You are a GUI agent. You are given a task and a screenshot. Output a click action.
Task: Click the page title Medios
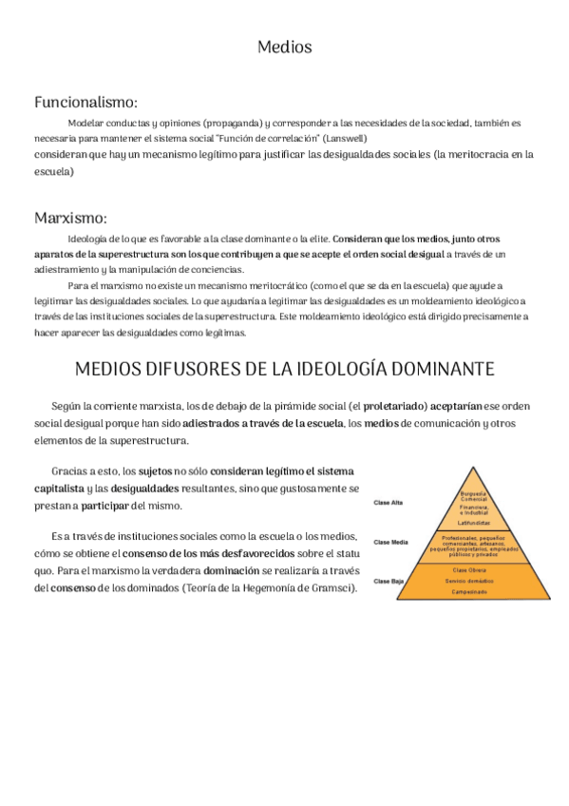[285, 47]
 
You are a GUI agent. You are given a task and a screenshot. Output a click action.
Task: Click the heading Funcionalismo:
[85, 102]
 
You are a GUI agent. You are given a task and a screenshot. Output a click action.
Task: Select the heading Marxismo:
[70, 218]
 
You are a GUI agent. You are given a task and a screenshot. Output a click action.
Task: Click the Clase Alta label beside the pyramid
[389, 502]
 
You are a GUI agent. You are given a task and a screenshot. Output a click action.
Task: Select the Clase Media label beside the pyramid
[390, 543]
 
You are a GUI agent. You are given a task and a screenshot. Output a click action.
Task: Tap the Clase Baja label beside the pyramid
[389, 580]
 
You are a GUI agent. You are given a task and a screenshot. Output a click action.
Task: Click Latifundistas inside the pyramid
[473, 523]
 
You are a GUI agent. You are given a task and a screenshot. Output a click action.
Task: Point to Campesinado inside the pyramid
[472, 591]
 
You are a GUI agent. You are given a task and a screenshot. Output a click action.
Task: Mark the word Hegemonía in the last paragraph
[270, 588]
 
